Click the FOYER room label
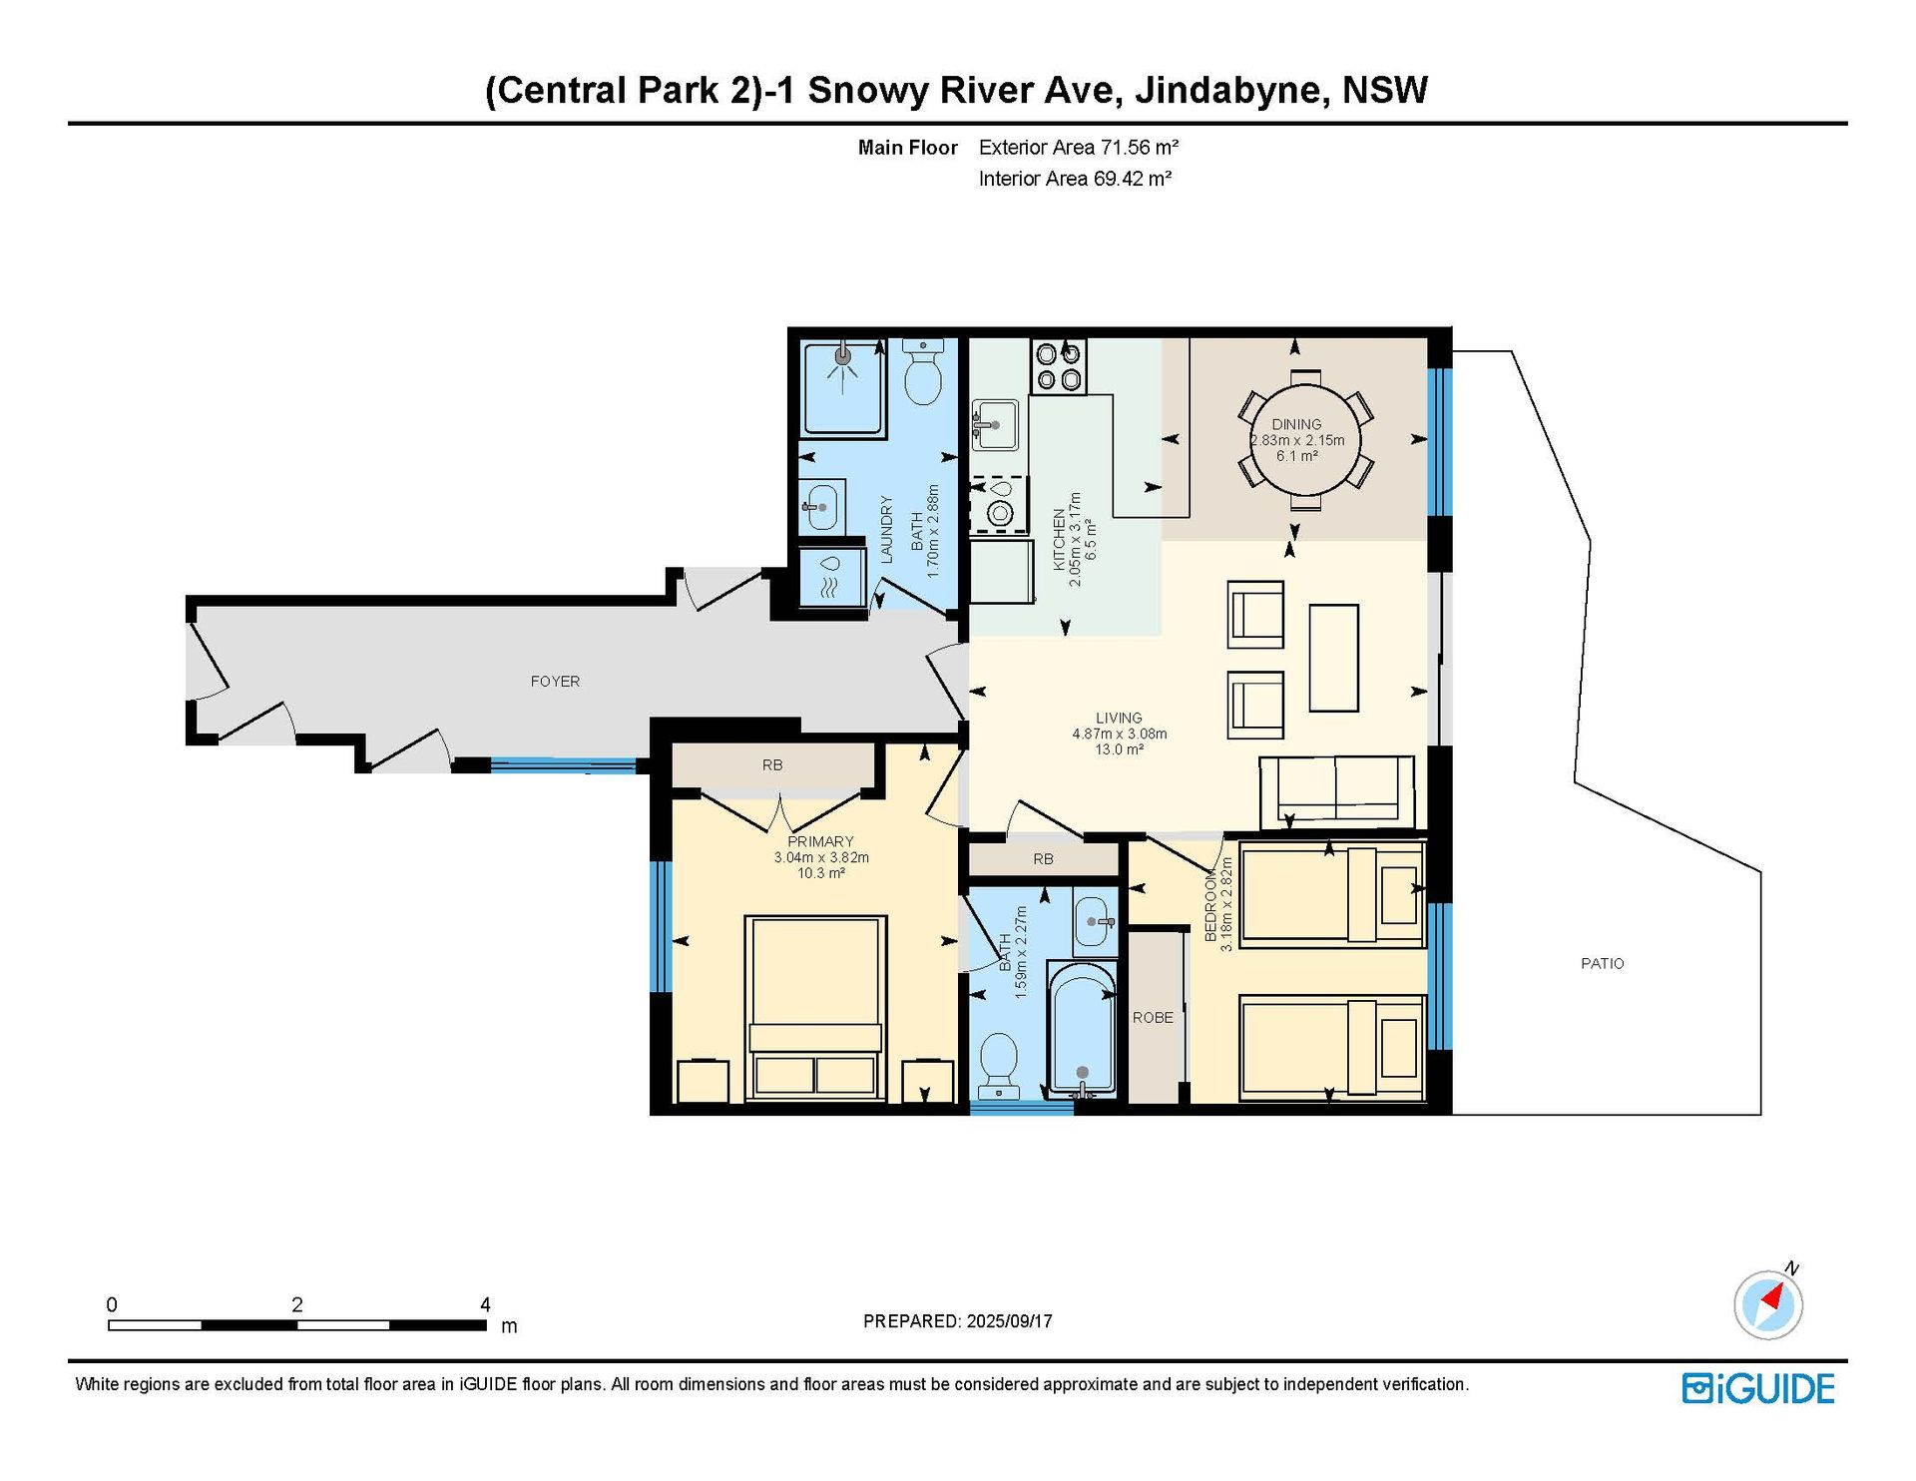pos(555,682)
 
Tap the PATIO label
pos(1603,963)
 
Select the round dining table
pos(1305,440)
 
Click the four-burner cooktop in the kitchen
pos(1059,366)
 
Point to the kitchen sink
pos(995,424)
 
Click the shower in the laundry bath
pos(844,390)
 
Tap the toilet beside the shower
pos(923,371)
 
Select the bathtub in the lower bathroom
pos(1082,1029)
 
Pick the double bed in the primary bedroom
pos(816,1008)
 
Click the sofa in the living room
pos(1336,791)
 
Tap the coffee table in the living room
pos(1333,658)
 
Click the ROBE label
pos(1153,1018)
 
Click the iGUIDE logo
pos(1758,1389)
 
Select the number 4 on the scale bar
pos(485,1304)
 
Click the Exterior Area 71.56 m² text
pos(1079,148)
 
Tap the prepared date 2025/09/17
pos(1009,1321)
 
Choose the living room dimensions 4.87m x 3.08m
pos(1120,734)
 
